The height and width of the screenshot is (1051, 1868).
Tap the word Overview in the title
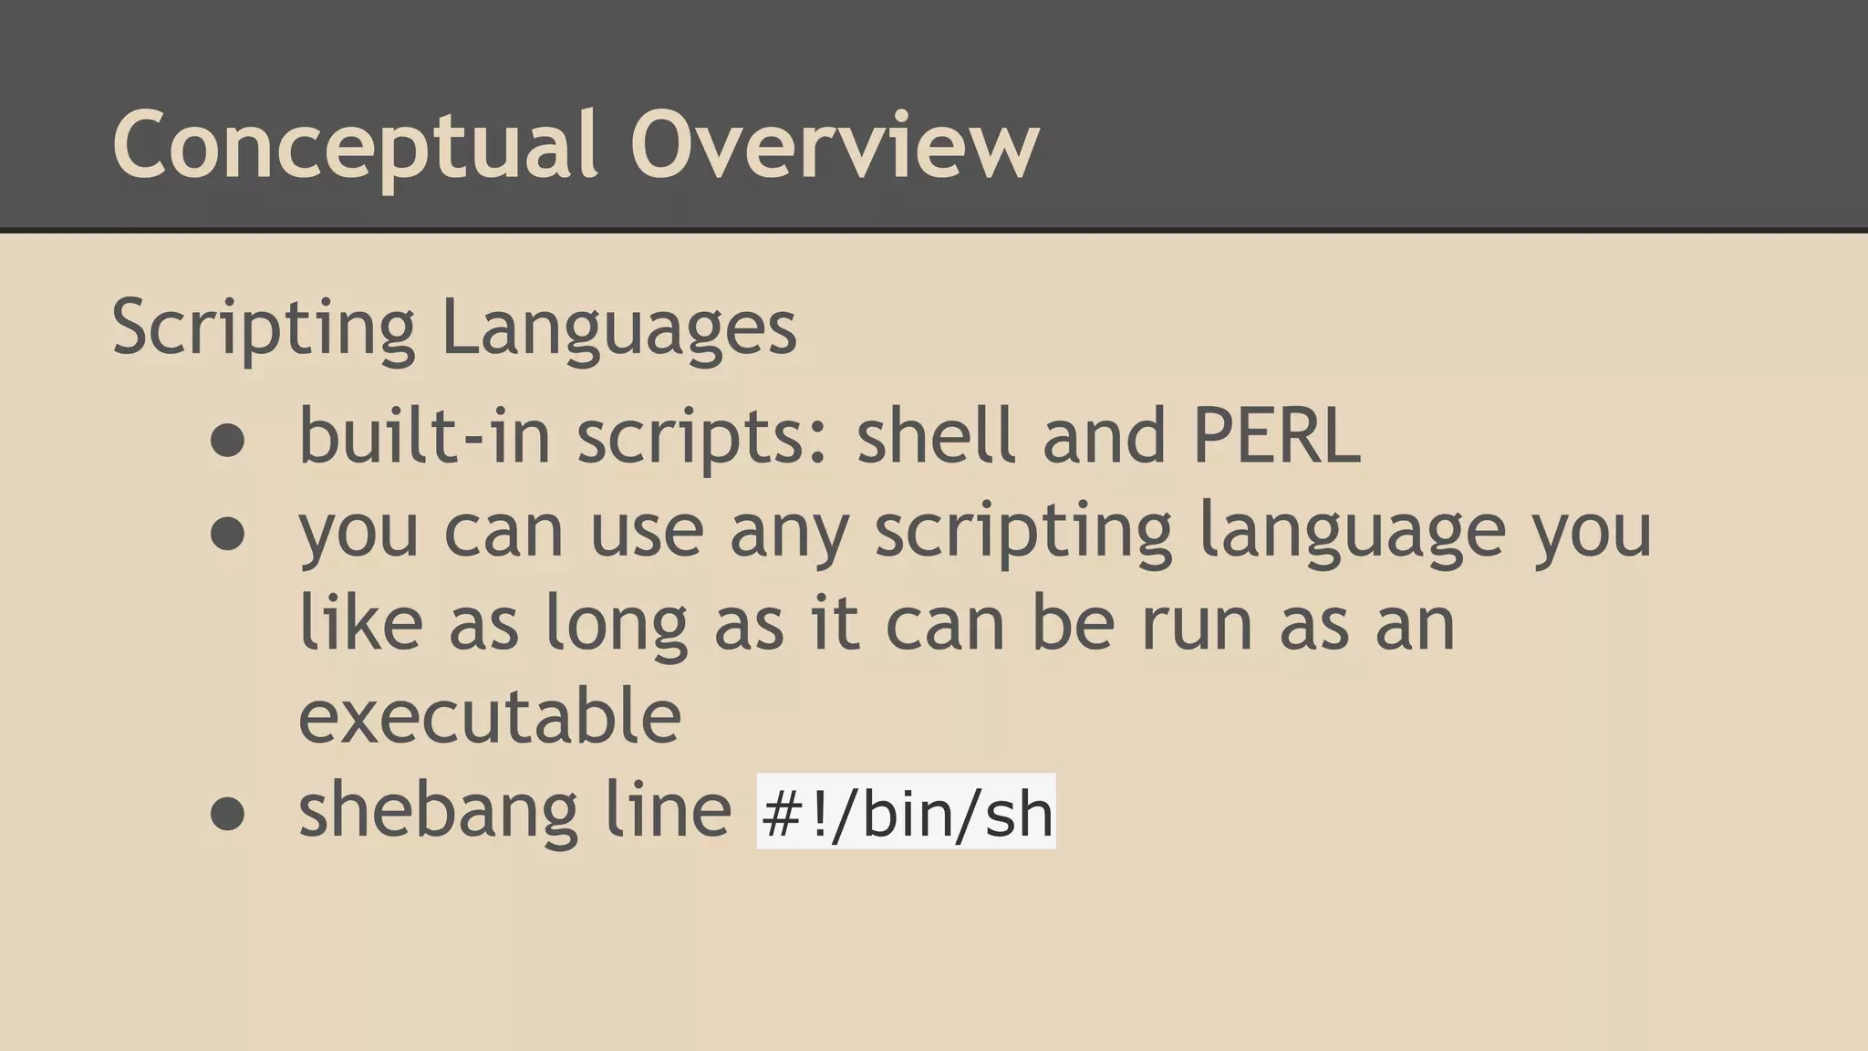pyautogui.click(x=834, y=146)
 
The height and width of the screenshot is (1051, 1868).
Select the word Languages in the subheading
pyautogui.click(x=618, y=328)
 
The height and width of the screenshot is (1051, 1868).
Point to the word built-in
pyautogui.click(x=424, y=436)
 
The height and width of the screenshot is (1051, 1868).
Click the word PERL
pyautogui.click(x=1276, y=436)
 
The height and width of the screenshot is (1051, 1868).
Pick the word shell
pyautogui.click(x=935, y=436)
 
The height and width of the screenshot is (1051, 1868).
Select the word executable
pyautogui.click(x=490, y=716)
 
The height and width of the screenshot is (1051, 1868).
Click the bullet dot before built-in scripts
pyautogui.click(x=227, y=441)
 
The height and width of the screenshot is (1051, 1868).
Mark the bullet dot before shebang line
pyautogui.click(x=227, y=814)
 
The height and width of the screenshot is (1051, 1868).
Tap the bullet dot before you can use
pyautogui.click(x=227, y=534)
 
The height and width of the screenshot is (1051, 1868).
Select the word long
pyautogui.click(x=616, y=625)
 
